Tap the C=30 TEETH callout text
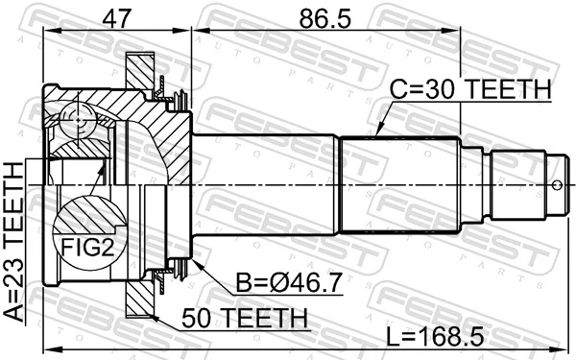469,89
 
